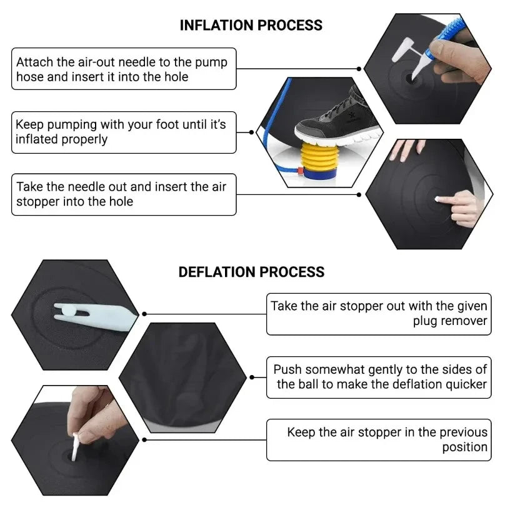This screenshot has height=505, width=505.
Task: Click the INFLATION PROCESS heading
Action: point(251,25)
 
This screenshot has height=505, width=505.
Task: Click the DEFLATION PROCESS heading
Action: point(251,272)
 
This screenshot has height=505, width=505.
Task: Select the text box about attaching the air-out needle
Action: point(124,69)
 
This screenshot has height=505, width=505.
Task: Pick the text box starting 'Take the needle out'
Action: point(124,194)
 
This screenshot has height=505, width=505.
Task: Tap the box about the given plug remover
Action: point(378,314)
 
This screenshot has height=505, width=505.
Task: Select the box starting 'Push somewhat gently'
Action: point(378,377)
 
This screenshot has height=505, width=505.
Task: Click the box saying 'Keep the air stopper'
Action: point(378,439)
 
